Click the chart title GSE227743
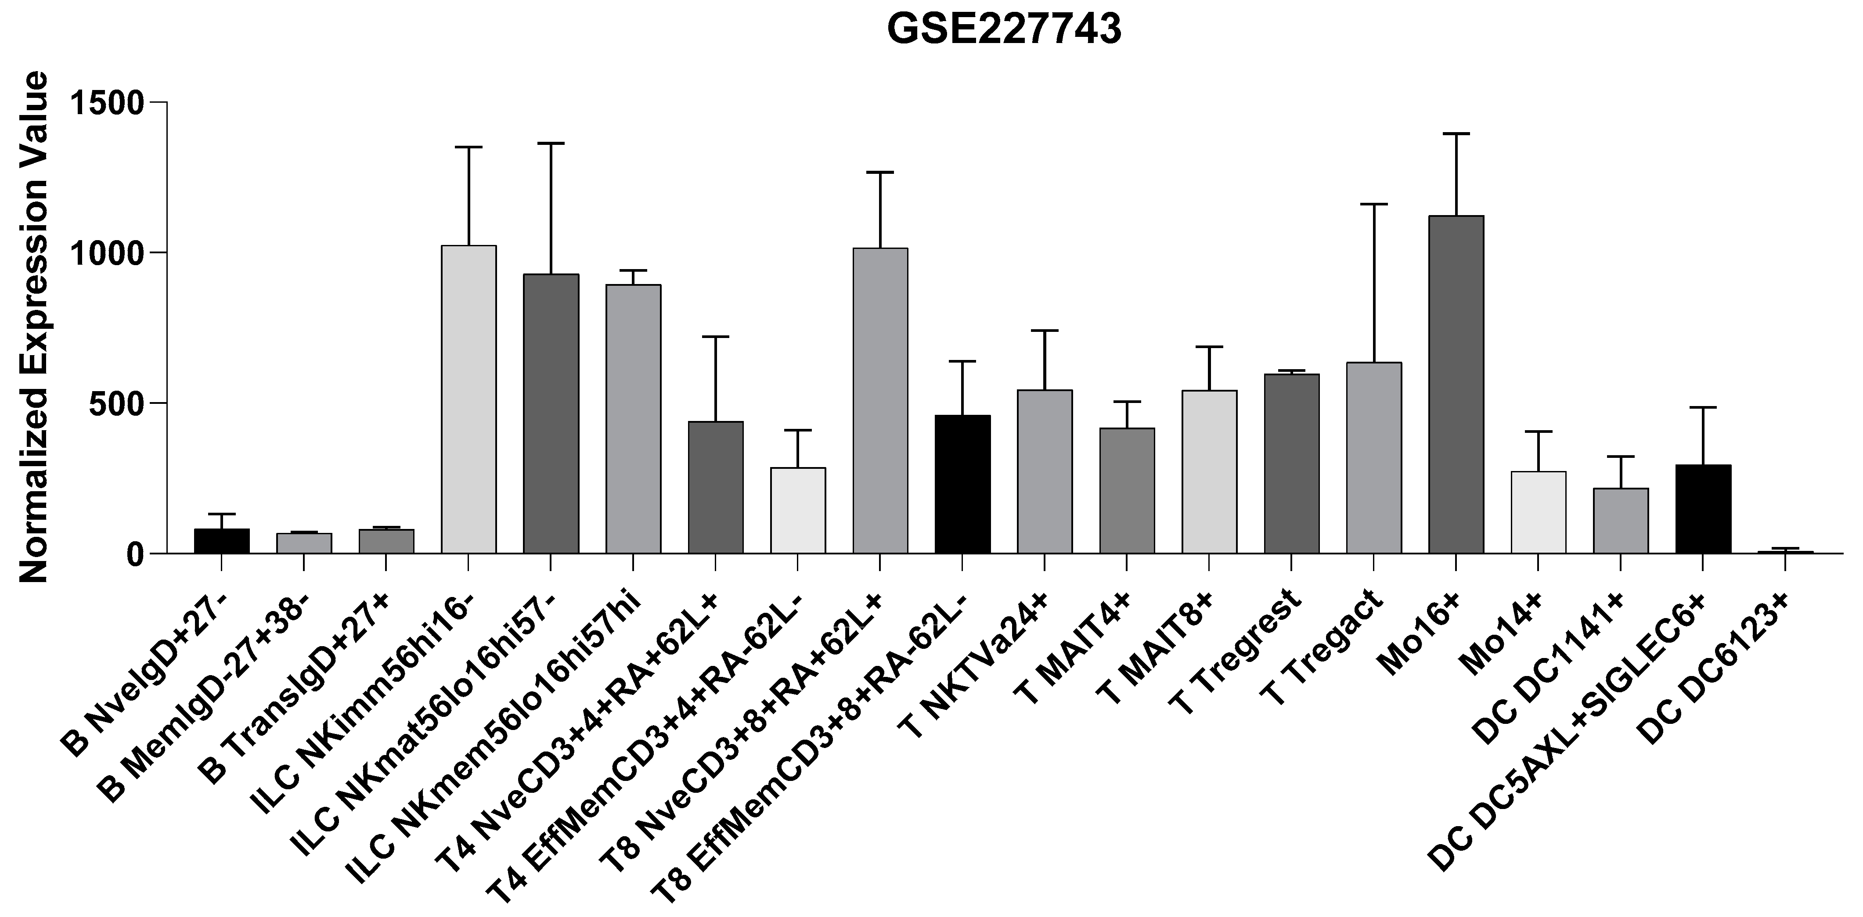(1004, 30)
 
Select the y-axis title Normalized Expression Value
(33, 327)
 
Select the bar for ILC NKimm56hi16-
(468, 399)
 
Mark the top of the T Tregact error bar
(1373, 205)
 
